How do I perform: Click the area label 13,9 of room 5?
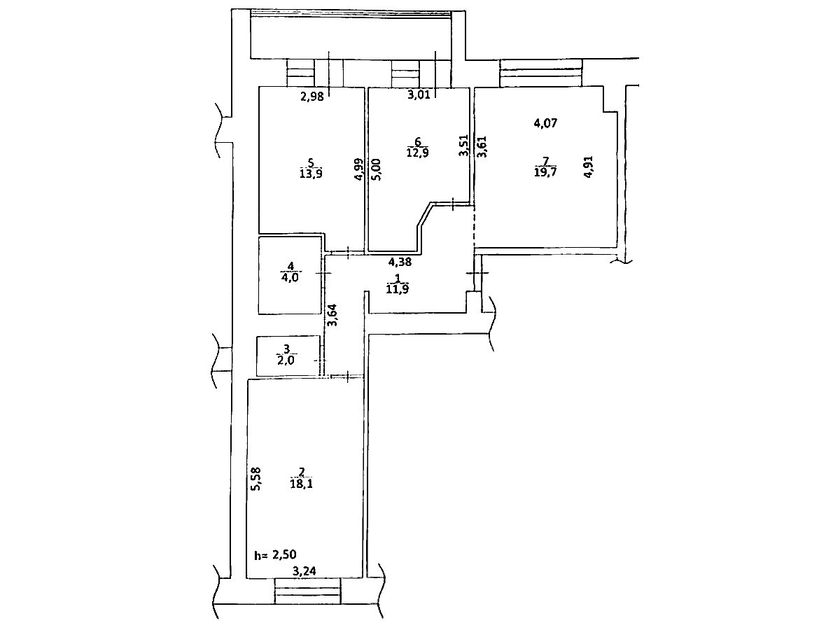[311, 174]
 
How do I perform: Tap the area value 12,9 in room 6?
[417, 153]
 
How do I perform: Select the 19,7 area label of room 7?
[545, 171]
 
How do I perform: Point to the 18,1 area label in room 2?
[302, 484]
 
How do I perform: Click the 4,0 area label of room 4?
[290, 277]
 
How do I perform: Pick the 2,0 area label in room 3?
[286, 360]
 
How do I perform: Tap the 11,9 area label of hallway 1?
[397, 289]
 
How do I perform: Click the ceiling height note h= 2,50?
[276, 554]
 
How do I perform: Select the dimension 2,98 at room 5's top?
[312, 97]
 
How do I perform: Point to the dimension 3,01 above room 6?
[419, 94]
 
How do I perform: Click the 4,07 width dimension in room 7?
[546, 123]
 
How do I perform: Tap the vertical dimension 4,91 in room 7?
[589, 167]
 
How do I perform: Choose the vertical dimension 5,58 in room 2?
[255, 479]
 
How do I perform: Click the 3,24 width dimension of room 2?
[304, 571]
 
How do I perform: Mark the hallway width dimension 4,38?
[400, 262]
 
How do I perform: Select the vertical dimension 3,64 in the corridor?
[332, 315]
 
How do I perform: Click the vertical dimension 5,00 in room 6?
[377, 169]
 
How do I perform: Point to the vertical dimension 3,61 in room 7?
[482, 146]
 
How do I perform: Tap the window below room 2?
[308, 591]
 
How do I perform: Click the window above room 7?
[541, 73]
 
